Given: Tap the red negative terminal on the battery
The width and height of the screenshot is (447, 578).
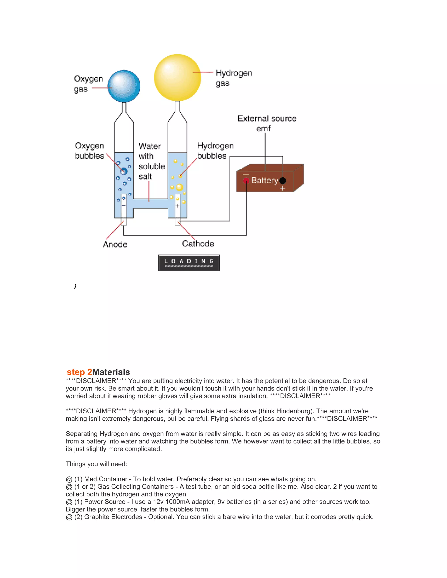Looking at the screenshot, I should (x=246, y=181).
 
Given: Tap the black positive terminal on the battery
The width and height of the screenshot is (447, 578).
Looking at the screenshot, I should (x=283, y=181).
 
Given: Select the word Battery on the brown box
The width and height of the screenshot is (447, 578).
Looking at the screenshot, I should (x=265, y=181).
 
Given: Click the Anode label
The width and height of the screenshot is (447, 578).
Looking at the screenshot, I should (x=115, y=244).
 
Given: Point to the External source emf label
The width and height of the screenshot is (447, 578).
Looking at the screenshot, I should (x=267, y=123).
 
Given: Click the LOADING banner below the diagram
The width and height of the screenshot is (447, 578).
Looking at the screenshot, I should (x=189, y=263).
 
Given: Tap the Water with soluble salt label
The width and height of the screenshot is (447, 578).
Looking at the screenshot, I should (x=151, y=161).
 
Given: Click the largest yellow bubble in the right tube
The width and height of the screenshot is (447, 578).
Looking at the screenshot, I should (x=180, y=187).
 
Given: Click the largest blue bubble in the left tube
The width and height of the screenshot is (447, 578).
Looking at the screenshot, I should (x=123, y=171).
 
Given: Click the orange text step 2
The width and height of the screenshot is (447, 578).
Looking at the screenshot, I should (x=79, y=372).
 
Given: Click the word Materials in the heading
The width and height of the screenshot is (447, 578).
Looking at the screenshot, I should (x=111, y=372).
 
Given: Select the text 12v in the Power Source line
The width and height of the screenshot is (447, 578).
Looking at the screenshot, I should (x=158, y=502).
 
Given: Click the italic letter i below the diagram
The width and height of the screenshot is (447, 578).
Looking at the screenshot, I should (x=75, y=287).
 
